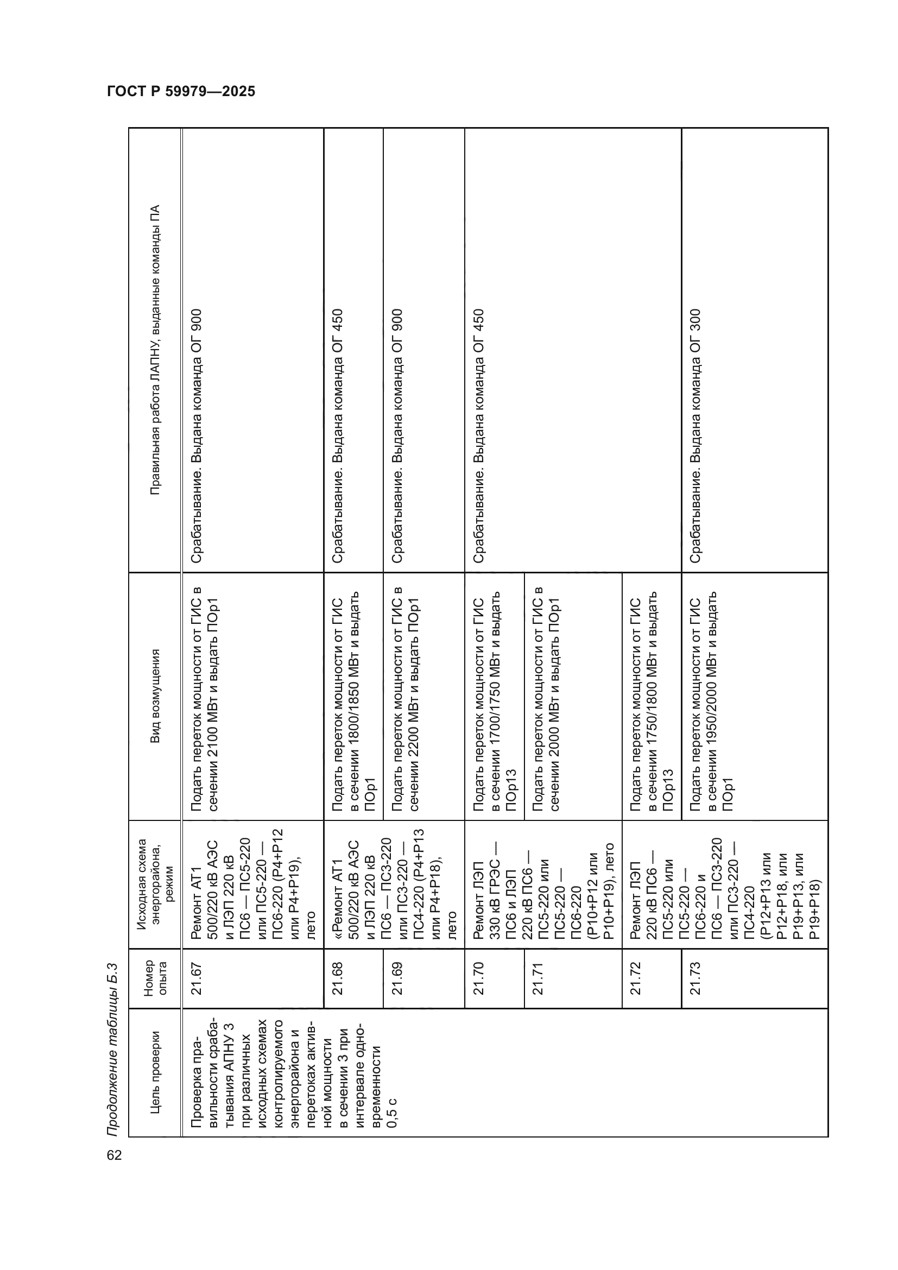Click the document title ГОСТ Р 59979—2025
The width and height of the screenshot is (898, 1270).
point(181,92)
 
